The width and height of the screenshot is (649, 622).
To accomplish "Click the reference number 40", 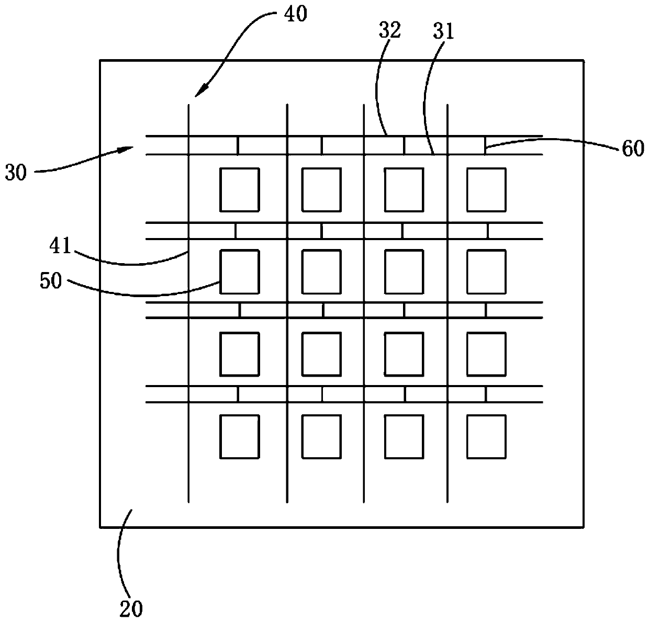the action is (x=296, y=15).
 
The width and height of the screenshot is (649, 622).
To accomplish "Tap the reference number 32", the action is (x=389, y=30).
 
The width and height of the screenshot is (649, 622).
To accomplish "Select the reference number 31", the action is (x=443, y=32).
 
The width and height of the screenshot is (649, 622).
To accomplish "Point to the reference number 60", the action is (x=633, y=149).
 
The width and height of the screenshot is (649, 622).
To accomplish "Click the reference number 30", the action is (x=16, y=173).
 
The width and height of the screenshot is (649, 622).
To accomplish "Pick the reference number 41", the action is (x=60, y=246).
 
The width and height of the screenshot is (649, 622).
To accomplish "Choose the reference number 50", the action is (x=51, y=280).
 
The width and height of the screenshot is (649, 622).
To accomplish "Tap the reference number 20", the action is (x=131, y=609).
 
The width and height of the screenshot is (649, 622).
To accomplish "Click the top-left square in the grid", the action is (x=240, y=190).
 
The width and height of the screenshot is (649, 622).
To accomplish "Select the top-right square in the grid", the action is (x=486, y=190).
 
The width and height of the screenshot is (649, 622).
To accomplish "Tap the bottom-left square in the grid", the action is (x=240, y=437).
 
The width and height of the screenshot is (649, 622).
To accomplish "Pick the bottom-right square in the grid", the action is (x=486, y=437).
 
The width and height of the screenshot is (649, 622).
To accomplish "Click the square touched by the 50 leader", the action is (x=240, y=272).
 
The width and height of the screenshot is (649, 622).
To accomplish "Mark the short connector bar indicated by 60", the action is (x=485, y=145).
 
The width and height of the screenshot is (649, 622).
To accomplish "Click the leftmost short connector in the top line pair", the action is (x=238, y=145).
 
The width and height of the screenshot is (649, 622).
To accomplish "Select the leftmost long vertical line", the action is (x=188, y=303).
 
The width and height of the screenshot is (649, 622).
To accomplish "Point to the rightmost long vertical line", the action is (x=447, y=303).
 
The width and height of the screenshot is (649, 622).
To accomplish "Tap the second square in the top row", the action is (x=321, y=190).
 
